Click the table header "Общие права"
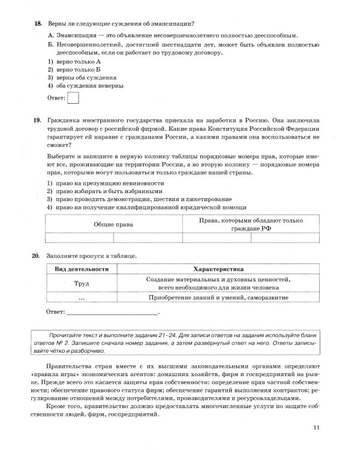(x=113, y=224)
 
